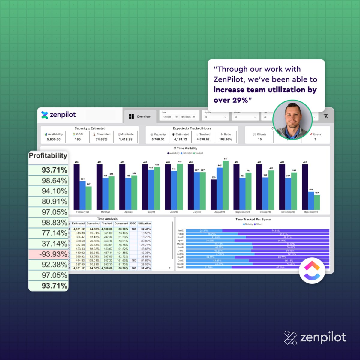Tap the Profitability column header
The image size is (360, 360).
pos(48,156)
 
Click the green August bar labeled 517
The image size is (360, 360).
pos(226,185)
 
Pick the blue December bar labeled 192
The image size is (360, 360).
pos(311,200)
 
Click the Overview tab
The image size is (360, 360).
pos(140,116)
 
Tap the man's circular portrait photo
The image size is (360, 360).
pos(292,120)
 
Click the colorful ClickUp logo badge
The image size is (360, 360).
pos(312,270)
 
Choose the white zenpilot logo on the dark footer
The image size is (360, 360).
pos(315,338)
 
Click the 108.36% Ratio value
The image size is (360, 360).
pos(226,139)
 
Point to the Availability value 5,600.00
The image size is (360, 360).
pos(54,139)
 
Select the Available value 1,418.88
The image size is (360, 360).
pos(126,139)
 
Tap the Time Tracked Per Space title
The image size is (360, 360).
pos(253,220)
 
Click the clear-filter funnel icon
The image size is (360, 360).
pos(326,116)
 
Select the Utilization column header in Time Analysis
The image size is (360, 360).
pos(145,223)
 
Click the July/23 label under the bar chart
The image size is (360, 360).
pos(197,212)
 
